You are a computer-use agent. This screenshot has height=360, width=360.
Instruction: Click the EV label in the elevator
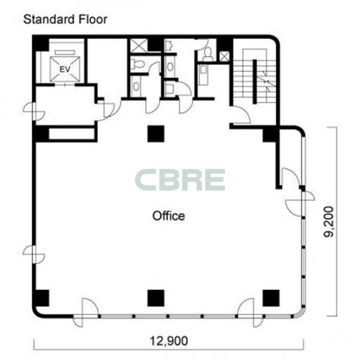point(65,69)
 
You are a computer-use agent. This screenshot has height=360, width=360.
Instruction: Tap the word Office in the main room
point(169,216)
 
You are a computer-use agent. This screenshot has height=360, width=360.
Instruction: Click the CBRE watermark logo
point(180,179)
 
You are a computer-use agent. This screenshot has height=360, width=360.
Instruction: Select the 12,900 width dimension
point(169,341)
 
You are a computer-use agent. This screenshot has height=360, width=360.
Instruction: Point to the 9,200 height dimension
point(328,222)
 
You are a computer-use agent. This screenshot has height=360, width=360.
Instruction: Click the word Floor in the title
point(93,19)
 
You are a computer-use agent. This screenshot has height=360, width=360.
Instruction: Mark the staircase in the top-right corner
point(255,75)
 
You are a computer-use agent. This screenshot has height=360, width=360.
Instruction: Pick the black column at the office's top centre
point(156,134)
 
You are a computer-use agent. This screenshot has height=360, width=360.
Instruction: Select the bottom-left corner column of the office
point(41,298)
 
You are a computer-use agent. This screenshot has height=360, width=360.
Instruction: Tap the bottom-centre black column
point(156,298)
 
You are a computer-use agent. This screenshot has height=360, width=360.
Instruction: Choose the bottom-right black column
point(271,298)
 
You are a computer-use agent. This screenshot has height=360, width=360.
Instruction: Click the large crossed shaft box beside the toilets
point(139,46)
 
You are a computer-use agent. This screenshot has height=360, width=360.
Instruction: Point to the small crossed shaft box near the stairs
point(224,56)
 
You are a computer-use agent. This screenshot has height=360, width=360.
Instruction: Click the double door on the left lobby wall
point(34,112)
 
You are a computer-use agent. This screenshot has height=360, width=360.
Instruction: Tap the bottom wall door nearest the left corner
point(86,313)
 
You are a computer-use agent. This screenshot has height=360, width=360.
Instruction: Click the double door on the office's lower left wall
point(34,254)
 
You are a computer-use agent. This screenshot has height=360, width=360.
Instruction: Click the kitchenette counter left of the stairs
point(203,75)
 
